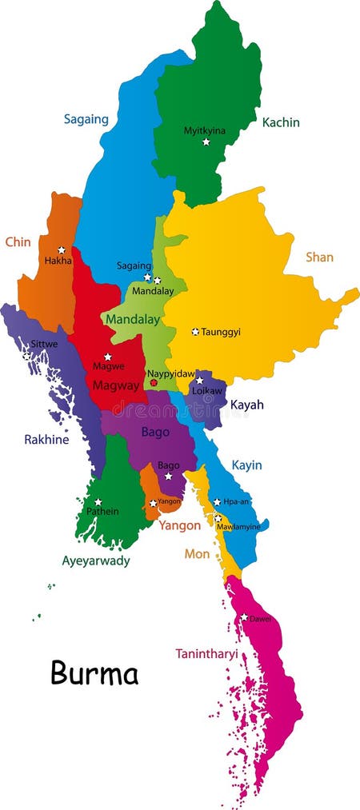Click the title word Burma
coord(94,672)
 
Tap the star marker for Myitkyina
coord(206,142)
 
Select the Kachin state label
coord(281,122)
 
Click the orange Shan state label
coord(319,257)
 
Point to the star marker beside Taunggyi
coord(194,331)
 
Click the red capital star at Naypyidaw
coord(154,383)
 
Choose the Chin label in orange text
coord(18,241)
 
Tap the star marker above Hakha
coord(61,250)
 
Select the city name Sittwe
coord(43,345)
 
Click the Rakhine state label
coord(46,439)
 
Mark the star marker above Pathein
coord(98,502)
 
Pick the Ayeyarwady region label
coord(96,561)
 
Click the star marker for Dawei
coord(244,616)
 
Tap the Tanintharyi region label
coord(206,653)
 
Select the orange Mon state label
coord(197,553)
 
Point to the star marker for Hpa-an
coord(217,502)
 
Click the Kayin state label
coord(246,465)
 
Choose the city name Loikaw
coord(206,392)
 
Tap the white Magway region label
coord(115,385)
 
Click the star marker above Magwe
coord(108,357)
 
